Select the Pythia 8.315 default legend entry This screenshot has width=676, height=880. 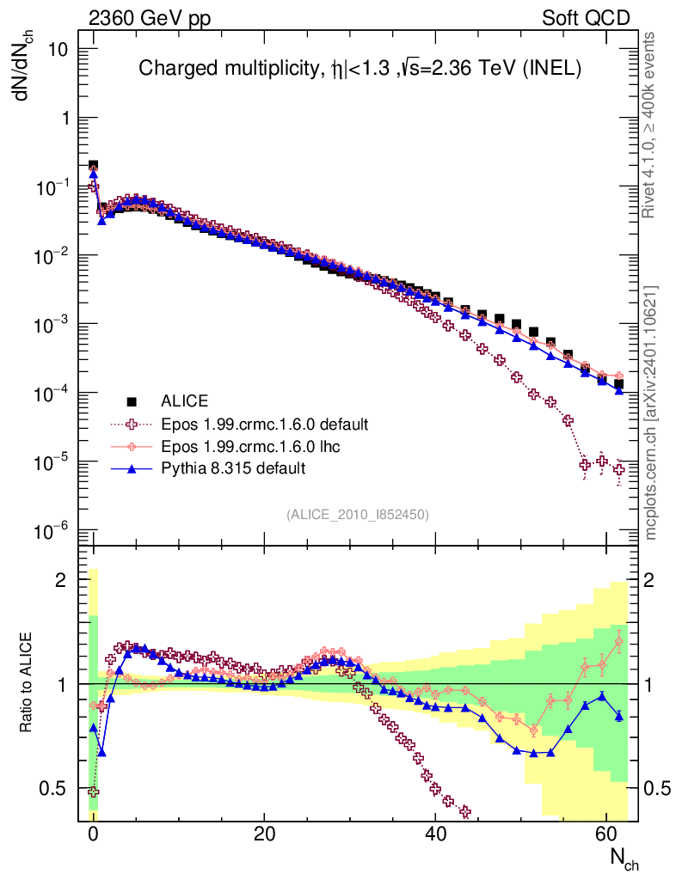pos(233,468)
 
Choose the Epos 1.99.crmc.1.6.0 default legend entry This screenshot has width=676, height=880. pos(264,424)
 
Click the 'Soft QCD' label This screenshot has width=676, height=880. pos(585,18)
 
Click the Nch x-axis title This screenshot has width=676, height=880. pos(624,859)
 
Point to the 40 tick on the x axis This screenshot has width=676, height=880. pos(436,833)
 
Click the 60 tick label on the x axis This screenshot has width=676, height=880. pos(606,833)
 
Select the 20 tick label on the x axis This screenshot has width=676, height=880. pos(265,833)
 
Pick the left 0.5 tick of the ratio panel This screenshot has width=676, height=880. pos(55,788)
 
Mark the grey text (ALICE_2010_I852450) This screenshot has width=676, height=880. pos(358,514)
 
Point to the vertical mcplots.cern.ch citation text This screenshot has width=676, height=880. pos(651,412)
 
